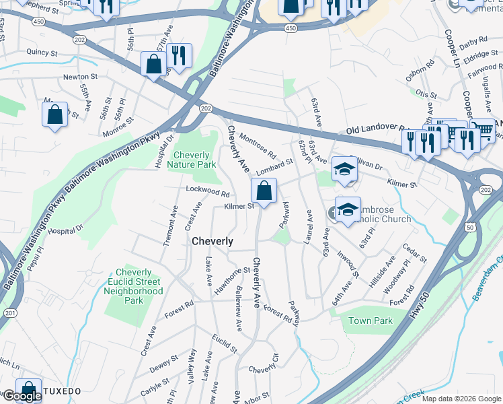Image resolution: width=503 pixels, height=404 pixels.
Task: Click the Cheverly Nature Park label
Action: click(x=196, y=159)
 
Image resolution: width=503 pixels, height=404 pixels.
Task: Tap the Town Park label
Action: click(x=370, y=321)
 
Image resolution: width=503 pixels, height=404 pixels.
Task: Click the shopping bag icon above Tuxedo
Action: click(x=28, y=390)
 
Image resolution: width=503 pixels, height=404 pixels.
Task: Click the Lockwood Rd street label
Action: click(x=208, y=192)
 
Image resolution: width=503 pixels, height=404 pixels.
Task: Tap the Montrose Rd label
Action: click(x=258, y=143)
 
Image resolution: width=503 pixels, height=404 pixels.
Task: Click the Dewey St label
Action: click(x=163, y=367)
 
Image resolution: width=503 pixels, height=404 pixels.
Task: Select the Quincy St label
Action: click(x=42, y=52)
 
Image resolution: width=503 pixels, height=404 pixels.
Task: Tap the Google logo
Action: click(x=22, y=396)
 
